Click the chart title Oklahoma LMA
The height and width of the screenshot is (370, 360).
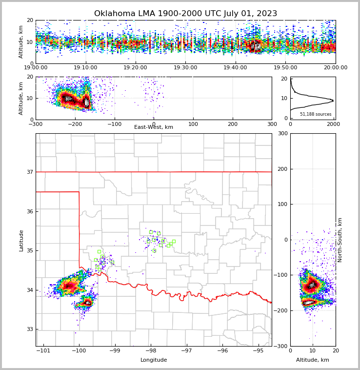coord(185,14)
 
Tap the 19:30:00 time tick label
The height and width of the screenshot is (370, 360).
coord(185,68)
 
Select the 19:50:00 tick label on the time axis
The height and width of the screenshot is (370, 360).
coord(285,68)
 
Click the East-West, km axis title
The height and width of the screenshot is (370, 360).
coord(154,127)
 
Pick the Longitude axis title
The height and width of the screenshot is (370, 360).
coord(154,360)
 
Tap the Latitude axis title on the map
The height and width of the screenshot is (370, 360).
coord(21,240)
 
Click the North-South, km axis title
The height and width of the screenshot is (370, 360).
coord(340,240)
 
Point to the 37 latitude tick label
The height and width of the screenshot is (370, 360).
coord(29,172)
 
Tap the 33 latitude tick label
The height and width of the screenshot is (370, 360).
coord(29,329)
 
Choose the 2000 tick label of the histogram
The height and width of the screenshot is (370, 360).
coord(333,124)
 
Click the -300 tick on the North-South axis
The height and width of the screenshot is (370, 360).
coord(281,346)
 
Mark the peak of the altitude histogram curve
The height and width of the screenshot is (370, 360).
coord(333,101)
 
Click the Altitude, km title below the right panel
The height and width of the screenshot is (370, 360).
coord(313,360)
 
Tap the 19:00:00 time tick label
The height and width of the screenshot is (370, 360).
coord(36,68)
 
